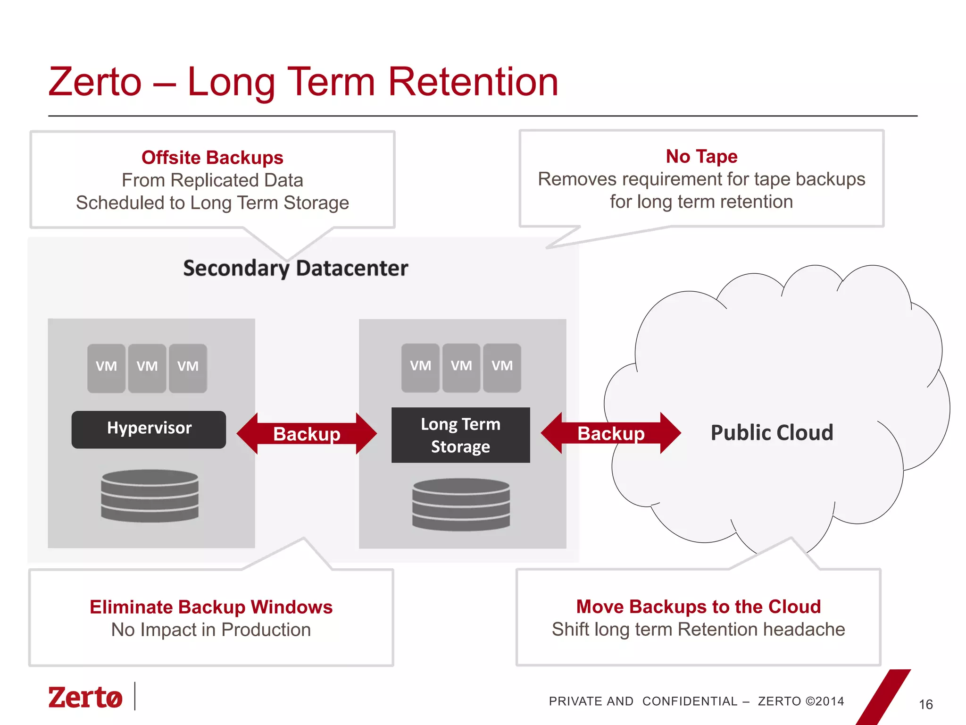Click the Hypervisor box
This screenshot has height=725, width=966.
(x=149, y=429)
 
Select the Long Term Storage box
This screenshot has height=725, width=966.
(x=460, y=435)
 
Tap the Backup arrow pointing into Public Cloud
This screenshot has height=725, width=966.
(x=611, y=433)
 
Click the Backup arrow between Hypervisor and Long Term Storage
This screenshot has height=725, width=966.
(x=307, y=433)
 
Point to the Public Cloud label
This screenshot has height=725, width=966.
(x=772, y=432)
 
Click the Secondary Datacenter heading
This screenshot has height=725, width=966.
(x=295, y=268)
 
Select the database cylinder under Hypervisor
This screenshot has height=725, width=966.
(x=150, y=496)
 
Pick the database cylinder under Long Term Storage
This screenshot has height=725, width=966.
(x=461, y=505)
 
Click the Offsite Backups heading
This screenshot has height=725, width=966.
(x=212, y=158)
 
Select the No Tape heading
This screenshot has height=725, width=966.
(x=701, y=156)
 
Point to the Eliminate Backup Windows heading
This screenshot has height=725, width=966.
(x=211, y=607)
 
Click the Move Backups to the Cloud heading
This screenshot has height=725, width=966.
(x=698, y=607)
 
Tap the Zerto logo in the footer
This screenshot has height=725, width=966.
(x=85, y=697)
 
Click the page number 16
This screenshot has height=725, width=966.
(x=925, y=704)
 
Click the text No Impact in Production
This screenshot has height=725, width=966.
(x=211, y=630)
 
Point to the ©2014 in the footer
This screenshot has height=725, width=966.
(x=825, y=701)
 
